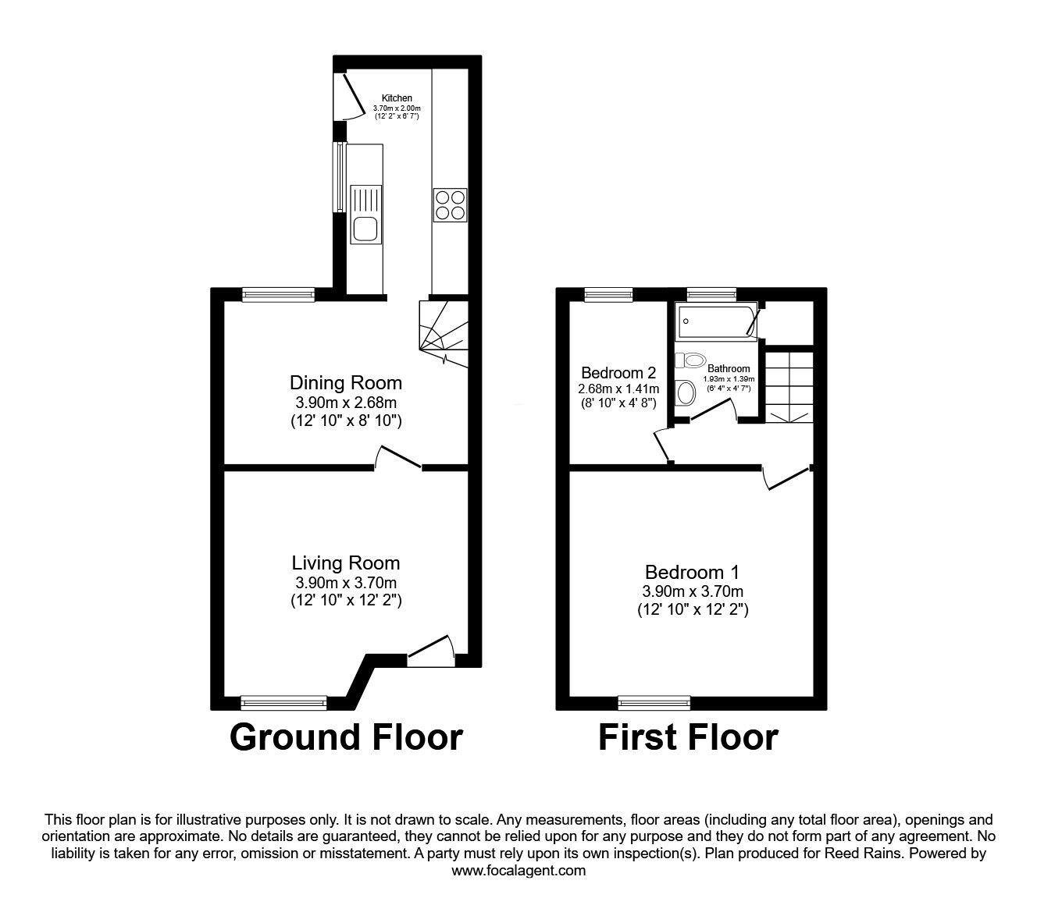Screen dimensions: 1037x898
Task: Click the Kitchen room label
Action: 397,98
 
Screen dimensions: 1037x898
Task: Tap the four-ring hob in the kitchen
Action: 450,205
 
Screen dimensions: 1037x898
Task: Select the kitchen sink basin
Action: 365,229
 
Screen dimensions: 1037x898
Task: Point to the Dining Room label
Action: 346,383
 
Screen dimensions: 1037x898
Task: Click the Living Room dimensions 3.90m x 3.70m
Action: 346,583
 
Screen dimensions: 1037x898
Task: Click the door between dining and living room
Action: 398,457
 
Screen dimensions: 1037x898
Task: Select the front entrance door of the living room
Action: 431,651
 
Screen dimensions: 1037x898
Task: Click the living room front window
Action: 284,703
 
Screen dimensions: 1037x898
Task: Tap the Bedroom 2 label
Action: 618,372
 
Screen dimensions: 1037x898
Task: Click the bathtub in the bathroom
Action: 716,321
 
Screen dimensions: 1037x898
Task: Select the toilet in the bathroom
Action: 690,360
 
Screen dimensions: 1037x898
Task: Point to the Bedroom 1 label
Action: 693,572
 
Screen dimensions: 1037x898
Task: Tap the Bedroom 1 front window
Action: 654,703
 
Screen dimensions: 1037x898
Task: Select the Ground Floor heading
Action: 346,737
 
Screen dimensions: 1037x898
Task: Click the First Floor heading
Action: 688,737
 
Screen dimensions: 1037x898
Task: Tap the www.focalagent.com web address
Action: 518,871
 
